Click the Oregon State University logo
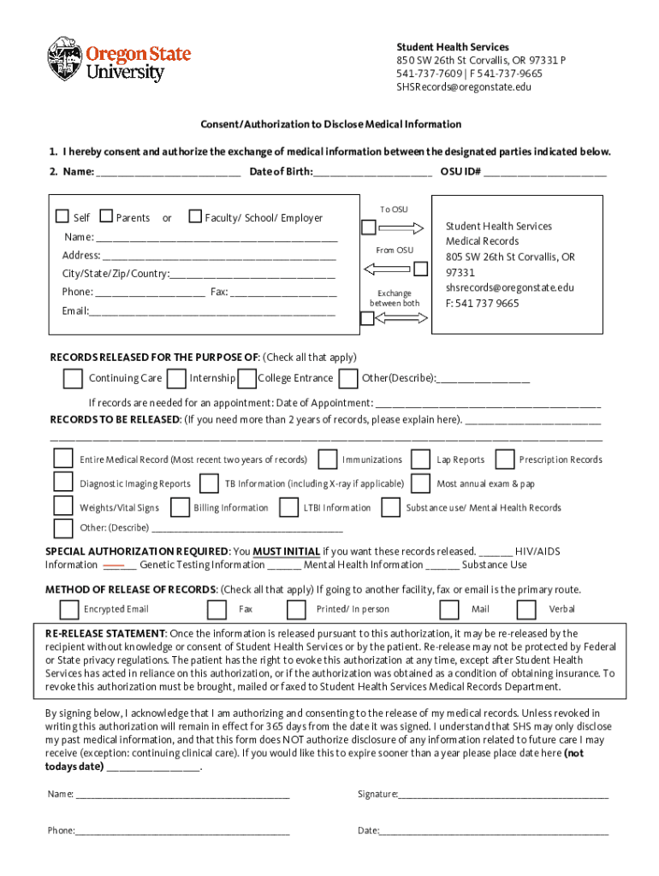118,60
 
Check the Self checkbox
62,216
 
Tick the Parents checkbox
106,216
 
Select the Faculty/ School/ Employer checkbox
195,216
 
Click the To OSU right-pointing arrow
401,228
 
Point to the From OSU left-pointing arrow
387,269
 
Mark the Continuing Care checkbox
73,378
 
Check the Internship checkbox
177,378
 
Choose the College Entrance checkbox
246,378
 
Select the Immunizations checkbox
327,459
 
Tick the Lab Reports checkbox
419,459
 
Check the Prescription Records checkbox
505,459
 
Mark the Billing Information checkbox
179,507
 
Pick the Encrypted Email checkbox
69,609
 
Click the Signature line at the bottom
503,795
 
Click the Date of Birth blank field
372,172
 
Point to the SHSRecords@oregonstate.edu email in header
463,87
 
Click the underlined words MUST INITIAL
287,552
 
